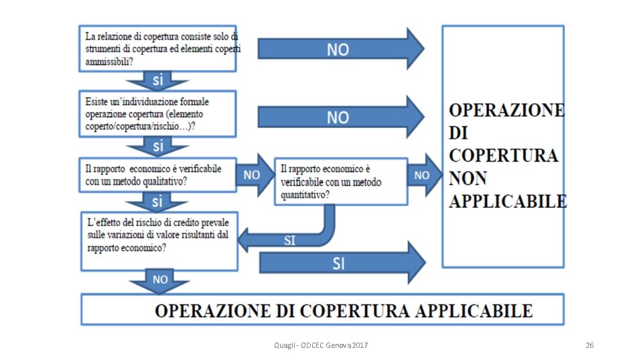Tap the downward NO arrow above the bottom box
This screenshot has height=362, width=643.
[x=159, y=280]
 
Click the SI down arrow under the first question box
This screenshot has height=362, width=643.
[x=158, y=80]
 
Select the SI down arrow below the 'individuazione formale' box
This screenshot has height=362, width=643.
[x=158, y=145]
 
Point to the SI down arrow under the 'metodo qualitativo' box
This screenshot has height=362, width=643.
[x=157, y=200]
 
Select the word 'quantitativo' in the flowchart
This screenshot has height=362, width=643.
[x=305, y=194]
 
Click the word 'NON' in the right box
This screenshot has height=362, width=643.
[x=469, y=178]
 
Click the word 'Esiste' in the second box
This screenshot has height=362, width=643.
[x=98, y=101]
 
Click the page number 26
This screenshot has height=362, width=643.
[x=589, y=345]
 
